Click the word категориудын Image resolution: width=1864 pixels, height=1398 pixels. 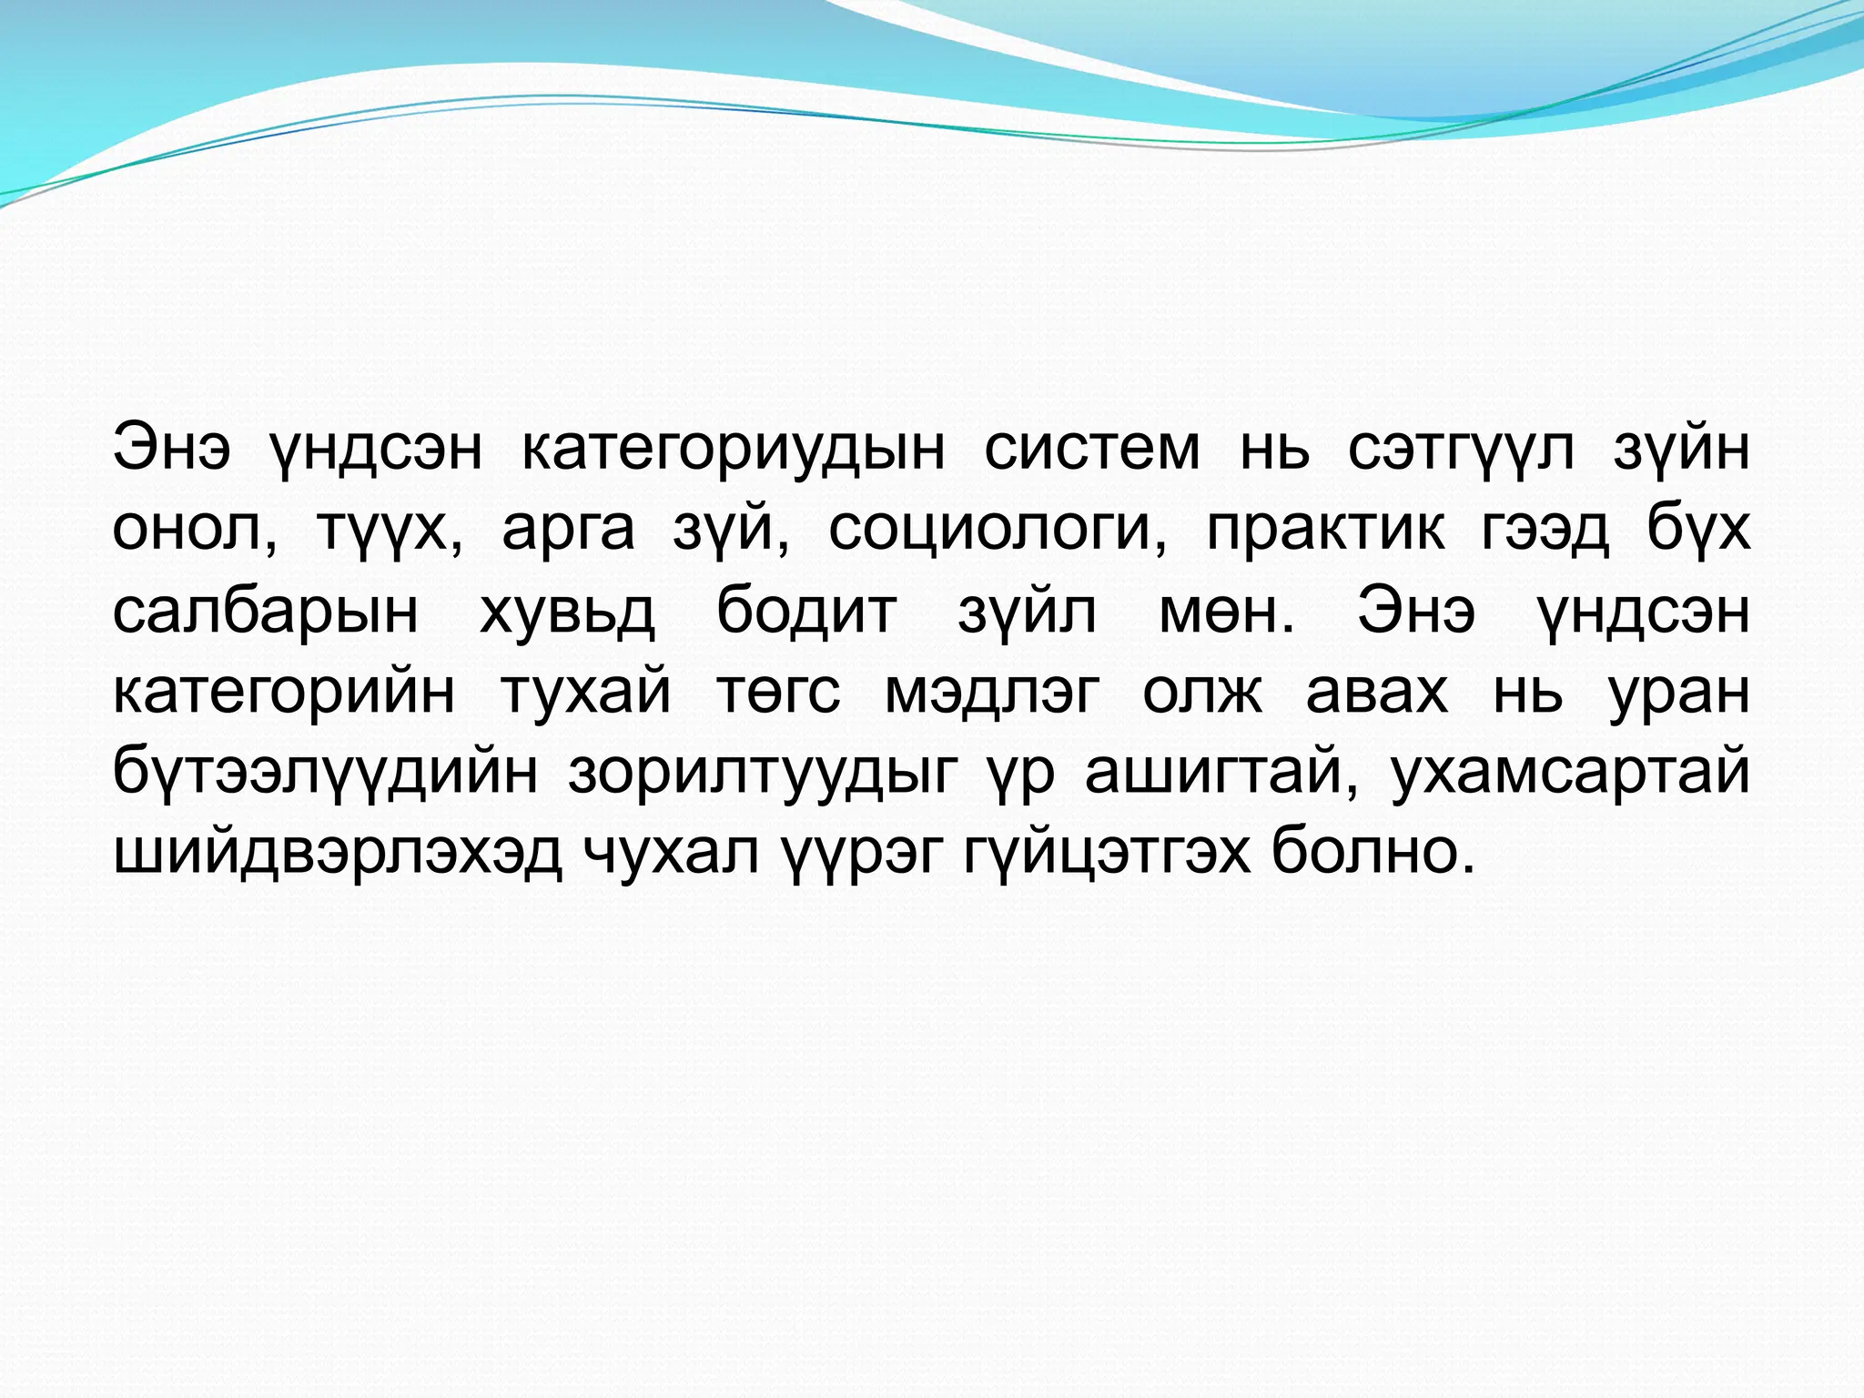pyautogui.click(x=734, y=449)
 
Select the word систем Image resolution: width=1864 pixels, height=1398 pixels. pyautogui.click(x=1092, y=449)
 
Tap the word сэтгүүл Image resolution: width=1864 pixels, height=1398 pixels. pyautogui.click(x=1460, y=449)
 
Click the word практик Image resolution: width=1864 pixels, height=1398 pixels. pyautogui.click(x=1325, y=529)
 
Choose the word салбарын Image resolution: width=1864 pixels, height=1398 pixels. pyautogui.click(x=265, y=611)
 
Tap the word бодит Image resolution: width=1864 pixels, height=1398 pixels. pyautogui.click(x=806, y=611)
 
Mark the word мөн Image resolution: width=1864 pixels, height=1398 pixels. pyautogui.click(x=1225, y=611)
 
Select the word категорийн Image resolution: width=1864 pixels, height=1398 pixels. pyautogui.click(x=283, y=692)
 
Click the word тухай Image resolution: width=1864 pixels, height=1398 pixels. pyautogui.click(x=585, y=692)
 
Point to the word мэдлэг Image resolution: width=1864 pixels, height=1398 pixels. pyautogui.click(x=992, y=692)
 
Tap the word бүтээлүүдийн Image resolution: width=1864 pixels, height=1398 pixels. pyautogui.click(x=325, y=773)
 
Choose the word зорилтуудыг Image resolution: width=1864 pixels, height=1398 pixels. pyautogui.click(x=764, y=773)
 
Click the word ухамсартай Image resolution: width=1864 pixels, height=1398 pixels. pyautogui.click(x=1570, y=773)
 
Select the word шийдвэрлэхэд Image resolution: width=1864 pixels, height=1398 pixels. pyautogui.click(x=338, y=854)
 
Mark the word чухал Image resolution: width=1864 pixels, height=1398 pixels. pyautogui.click(x=671, y=854)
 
